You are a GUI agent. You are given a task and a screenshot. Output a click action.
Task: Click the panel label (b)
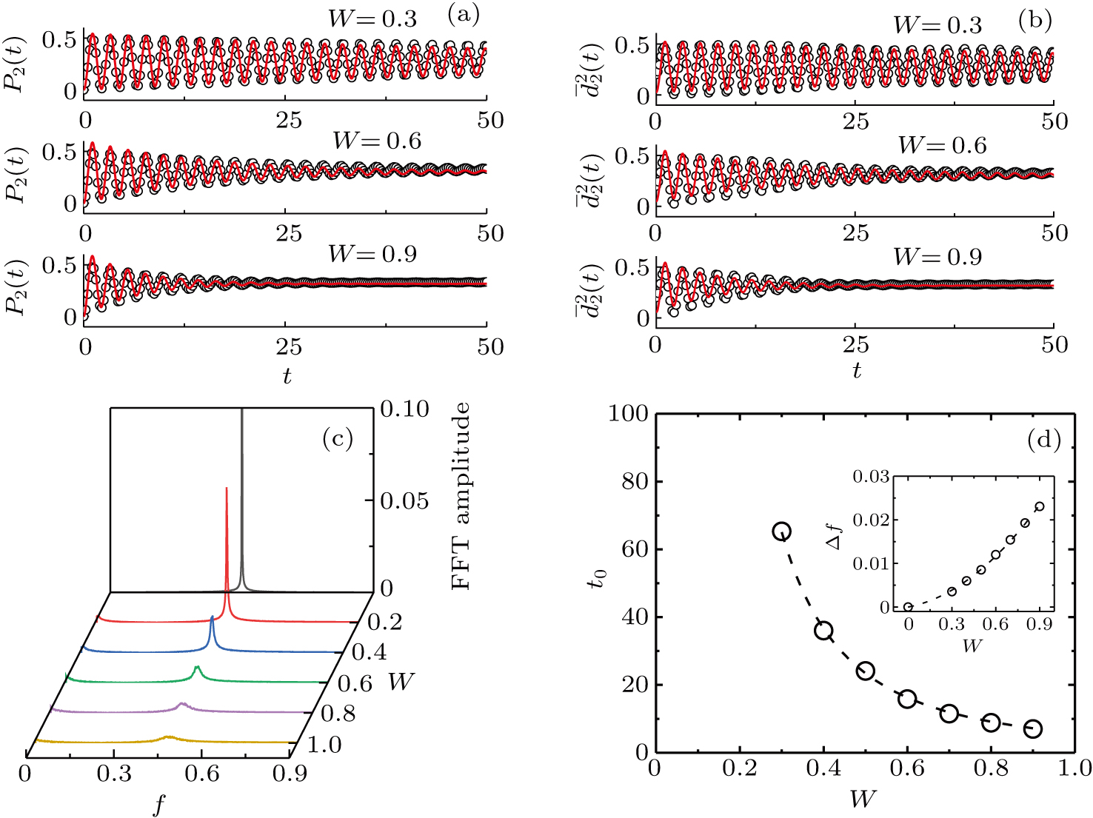coord(1034,21)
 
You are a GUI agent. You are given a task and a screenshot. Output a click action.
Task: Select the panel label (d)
coord(1044,441)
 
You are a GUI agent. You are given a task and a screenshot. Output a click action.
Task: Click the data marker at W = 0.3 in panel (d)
coord(782,531)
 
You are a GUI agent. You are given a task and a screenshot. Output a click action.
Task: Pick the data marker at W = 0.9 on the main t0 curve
coord(1033,729)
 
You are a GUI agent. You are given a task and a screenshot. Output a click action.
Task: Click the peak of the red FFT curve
coord(226,489)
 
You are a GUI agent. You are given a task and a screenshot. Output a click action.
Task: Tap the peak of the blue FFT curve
coord(213,618)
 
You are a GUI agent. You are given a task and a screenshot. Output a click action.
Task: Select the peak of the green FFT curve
coord(197,668)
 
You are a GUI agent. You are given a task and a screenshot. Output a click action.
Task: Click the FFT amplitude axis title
coord(461,496)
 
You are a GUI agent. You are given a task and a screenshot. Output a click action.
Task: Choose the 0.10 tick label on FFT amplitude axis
coord(404,409)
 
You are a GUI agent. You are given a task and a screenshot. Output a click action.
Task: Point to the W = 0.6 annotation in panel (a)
coord(377,141)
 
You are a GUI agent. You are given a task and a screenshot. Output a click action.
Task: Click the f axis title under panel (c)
coord(158,804)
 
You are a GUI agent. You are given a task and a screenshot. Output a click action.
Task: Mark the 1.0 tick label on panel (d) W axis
coord(1074,768)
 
